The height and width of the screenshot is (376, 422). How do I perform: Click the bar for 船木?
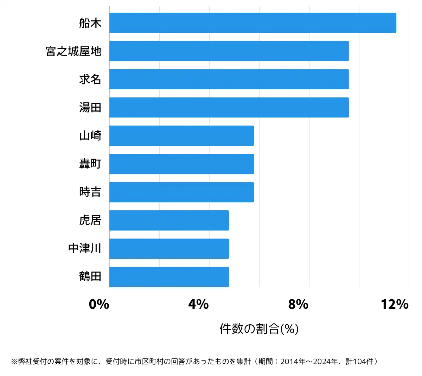pos(252,23)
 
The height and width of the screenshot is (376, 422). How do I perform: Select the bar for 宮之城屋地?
pos(229,51)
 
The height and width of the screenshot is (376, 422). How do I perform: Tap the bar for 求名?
pos(229,79)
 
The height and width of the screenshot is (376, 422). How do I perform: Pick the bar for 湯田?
pos(229,107)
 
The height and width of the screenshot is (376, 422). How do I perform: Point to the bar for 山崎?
pos(181,136)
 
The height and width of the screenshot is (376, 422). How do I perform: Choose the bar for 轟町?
pos(181,164)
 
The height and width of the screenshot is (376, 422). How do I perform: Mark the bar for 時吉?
pos(181,192)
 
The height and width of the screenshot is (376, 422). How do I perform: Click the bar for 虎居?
pos(169,221)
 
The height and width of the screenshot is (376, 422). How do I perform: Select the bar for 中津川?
pos(169,249)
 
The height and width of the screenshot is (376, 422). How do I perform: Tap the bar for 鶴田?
pos(169,277)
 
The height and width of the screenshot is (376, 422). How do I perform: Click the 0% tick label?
pos(99,304)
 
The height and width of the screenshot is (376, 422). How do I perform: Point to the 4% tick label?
pos(198,304)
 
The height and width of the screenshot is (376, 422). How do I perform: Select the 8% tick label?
pos(298,304)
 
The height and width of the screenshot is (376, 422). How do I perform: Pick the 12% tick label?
pos(395,304)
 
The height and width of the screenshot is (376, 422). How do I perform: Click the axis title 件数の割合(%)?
pos(259,329)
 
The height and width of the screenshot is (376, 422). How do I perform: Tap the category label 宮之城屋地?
pos(73,51)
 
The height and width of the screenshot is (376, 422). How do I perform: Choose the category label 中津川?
pos(85,248)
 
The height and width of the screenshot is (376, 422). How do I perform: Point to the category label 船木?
pos(90,23)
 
